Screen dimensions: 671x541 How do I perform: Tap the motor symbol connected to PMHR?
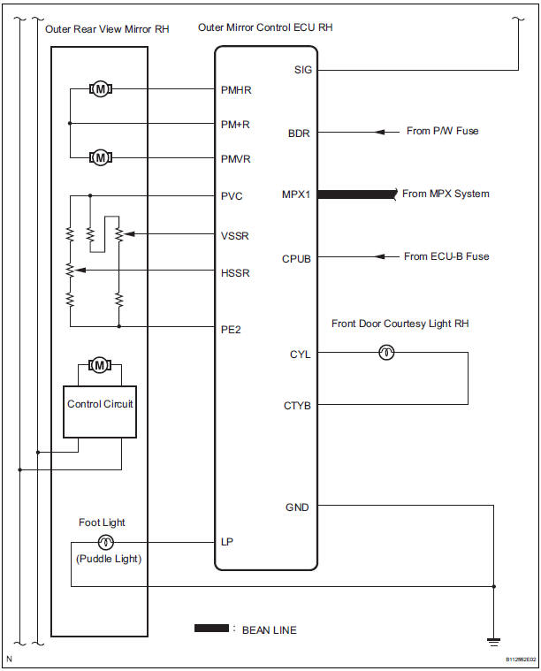(101, 89)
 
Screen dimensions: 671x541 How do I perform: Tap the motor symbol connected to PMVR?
(101, 157)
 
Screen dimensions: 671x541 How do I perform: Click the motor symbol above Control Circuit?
(101, 364)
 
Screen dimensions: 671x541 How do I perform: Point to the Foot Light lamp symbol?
(105, 541)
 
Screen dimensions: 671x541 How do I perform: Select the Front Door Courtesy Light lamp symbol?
(385, 353)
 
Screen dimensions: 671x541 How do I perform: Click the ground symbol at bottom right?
(492, 642)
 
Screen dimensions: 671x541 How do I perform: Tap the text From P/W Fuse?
(443, 132)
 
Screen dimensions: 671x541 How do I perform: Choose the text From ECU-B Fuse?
(446, 256)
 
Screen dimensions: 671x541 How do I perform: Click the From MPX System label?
(446, 194)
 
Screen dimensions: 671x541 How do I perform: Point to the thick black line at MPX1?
(354, 194)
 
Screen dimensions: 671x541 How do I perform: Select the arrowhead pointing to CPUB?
(380, 257)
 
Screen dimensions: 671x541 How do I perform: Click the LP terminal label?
(227, 541)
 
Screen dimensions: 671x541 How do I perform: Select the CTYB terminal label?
(297, 405)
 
